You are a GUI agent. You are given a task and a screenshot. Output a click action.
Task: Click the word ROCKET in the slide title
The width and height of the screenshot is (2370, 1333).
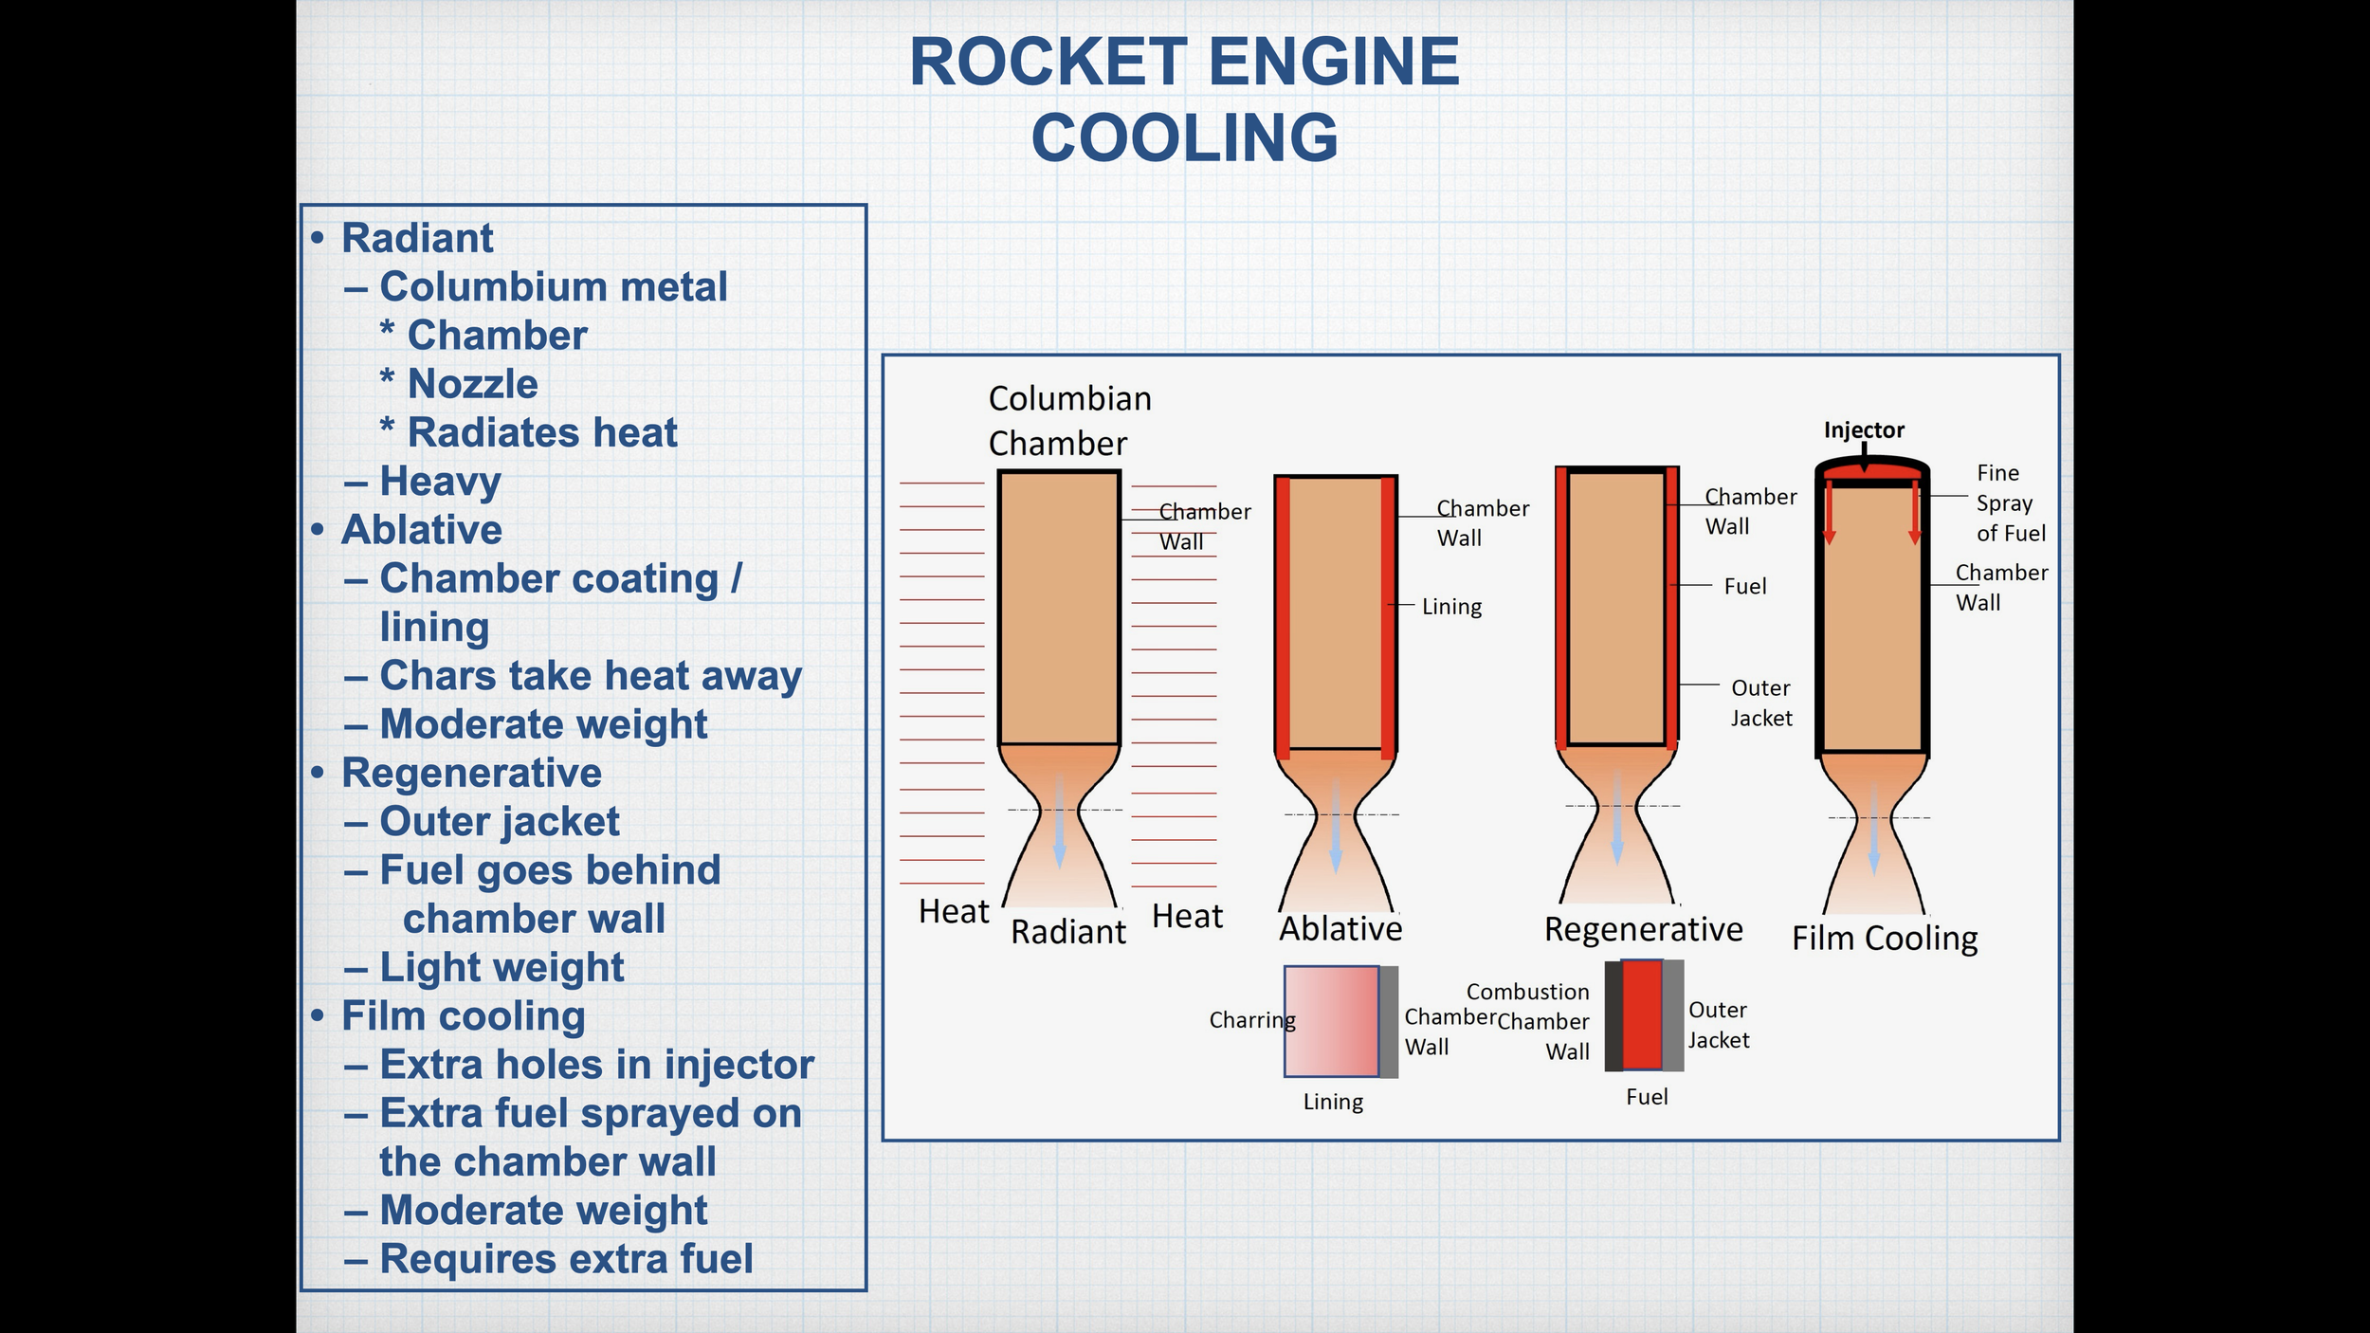point(1048,63)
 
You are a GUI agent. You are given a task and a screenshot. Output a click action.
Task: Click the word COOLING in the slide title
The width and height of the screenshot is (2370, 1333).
point(1185,138)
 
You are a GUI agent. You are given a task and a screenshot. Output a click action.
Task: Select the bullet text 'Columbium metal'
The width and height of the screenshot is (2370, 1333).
point(554,286)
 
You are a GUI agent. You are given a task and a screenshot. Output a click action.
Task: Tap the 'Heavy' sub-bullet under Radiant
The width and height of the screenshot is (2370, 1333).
point(440,481)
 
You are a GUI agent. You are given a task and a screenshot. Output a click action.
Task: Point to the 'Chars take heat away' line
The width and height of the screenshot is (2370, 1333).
point(591,676)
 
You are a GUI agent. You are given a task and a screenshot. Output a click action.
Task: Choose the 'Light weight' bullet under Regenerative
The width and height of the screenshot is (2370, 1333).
point(501,967)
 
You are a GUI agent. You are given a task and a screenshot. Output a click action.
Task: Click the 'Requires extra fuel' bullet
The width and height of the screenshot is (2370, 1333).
point(566,1259)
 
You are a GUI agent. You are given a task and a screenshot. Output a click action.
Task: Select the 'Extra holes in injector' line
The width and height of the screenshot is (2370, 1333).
point(596,1065)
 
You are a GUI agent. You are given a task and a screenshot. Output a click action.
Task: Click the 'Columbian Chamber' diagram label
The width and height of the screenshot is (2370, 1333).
point(1068,421)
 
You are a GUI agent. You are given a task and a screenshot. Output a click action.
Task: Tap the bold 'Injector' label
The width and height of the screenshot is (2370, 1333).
point(1864,429)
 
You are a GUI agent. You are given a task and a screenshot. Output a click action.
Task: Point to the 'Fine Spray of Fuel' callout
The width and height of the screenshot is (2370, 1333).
point(2010,502)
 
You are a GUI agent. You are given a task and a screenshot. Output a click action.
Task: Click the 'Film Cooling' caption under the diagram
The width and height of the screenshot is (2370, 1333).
point(1885,938)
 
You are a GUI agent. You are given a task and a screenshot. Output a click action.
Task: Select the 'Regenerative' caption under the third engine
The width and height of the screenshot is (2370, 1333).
point(1643,929)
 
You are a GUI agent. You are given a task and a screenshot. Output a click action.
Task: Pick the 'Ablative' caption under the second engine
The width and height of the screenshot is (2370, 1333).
point(1340,928)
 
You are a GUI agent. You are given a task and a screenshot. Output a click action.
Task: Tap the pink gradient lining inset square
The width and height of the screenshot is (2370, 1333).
point(1331,1021)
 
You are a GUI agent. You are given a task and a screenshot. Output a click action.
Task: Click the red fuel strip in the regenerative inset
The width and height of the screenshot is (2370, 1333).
point(1642,1015)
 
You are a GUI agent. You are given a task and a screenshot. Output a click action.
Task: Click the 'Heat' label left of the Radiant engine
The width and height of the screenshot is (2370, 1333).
point(953,912)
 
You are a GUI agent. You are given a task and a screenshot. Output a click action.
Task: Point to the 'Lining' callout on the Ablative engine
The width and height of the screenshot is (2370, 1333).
point(1451,607)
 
